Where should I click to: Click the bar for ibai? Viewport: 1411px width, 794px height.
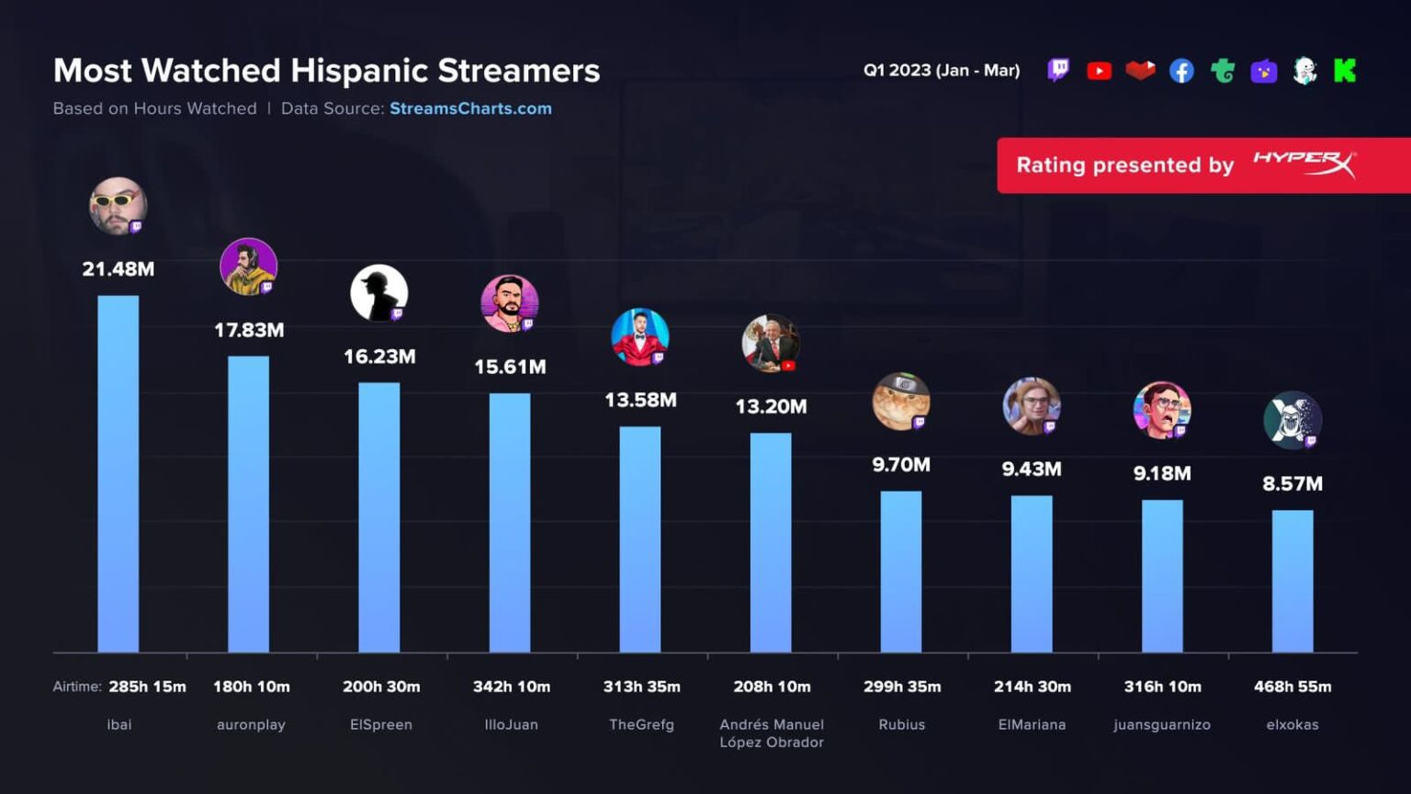coord(119,473)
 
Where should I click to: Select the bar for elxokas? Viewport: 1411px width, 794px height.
coord(1292,581)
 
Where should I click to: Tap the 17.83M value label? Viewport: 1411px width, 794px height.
coord(249,330)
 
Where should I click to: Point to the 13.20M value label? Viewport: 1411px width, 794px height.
coord(771,406)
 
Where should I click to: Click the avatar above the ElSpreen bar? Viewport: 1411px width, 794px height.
coord(379,293)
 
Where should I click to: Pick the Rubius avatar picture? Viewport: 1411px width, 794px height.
coord(901,402)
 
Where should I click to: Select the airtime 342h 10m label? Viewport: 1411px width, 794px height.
coord(512,686)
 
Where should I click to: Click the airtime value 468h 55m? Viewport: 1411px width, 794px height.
coord(1292,686)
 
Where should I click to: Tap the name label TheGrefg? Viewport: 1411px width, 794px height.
coord(641,724)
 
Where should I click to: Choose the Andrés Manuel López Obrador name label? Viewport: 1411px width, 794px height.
coord(772,733)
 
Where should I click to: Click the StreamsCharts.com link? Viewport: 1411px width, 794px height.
coord(470,108)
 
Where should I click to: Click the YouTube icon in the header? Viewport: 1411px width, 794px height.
coord(1099,71)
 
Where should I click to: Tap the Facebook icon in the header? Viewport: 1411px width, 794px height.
coord(1181,71)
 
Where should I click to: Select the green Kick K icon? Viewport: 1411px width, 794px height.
coord(1345,71)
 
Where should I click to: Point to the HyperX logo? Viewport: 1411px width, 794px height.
coord(1304,164)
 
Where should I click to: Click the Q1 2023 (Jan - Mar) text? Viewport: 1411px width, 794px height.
coord(942,71)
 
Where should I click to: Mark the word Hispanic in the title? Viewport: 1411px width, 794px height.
coord(359,71)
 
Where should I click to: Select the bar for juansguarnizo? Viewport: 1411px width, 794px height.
coord(1162,576)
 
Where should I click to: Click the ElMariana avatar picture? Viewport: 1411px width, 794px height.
coord(1032,405)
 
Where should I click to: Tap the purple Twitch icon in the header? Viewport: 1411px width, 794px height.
coord(1058,71)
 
